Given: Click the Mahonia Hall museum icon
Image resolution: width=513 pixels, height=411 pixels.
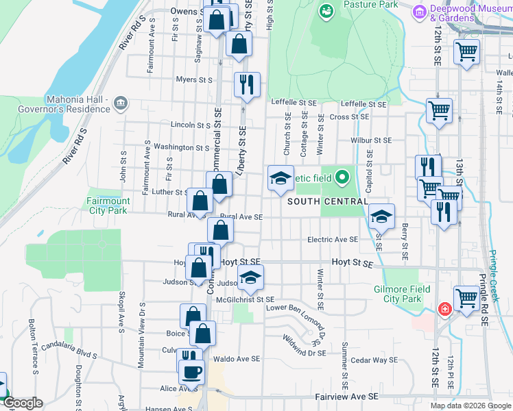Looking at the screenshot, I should pos(121,103).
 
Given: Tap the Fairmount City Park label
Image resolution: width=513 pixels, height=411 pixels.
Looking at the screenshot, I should pos(108,206).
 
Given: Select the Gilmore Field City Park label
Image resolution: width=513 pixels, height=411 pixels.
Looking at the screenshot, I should pos(401,294).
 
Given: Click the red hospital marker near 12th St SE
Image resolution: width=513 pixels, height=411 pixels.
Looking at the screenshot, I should pos(445,310).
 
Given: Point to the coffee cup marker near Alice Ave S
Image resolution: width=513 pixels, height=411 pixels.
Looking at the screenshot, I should pos(191,372).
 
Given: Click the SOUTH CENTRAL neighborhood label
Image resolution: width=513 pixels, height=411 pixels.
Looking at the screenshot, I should pos(327,201).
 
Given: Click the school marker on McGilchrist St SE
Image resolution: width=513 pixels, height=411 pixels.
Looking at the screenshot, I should pos(250,277).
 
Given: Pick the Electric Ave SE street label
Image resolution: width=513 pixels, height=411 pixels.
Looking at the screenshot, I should pos(333,240).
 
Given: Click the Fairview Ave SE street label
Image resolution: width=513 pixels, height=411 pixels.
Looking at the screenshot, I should pos(344,397).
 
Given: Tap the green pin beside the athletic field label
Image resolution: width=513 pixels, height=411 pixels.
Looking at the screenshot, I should pos(342,178).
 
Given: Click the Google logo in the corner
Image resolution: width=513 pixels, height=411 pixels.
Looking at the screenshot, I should pos(23,403).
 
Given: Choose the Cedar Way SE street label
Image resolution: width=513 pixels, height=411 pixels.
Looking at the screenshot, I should pos(374,360).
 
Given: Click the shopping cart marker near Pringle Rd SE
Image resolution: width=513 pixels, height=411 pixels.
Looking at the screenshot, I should pos(466,299).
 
